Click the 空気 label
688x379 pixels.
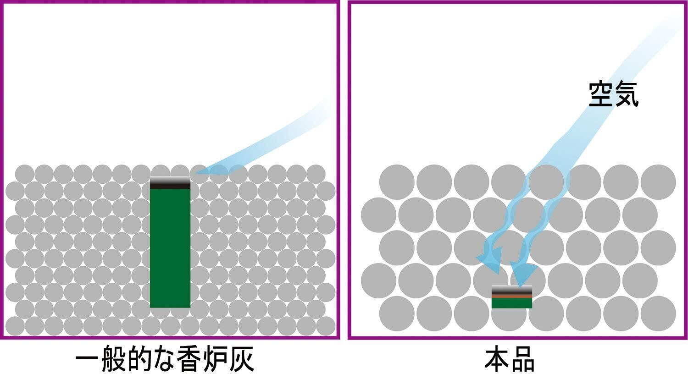pos(613,95)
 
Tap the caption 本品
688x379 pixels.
pos(510,361)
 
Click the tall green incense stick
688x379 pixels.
pos(170,247)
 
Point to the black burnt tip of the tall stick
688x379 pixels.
pos(170,183)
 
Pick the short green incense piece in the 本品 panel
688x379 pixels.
pos(511,303)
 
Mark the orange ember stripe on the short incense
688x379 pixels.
pos(511,297)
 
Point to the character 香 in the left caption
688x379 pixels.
pos(189,361)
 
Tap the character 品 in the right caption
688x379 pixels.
pos(522,361)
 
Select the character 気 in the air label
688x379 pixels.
pos(626,95)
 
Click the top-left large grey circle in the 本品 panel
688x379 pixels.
pos(397,182)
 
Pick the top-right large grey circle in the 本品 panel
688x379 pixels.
pos(658,182)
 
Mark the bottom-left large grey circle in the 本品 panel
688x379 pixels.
pos(397,313)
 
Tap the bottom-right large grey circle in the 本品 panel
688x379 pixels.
pos(658,313)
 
